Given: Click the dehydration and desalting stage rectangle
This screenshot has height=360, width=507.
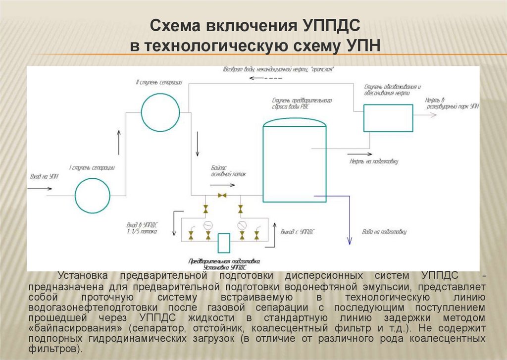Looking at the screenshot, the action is tap(388, 118).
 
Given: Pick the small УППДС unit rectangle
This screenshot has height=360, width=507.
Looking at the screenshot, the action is tap(224, 242).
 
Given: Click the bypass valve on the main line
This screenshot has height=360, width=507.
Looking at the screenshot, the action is tap(223, 195).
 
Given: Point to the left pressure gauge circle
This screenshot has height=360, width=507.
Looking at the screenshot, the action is tap(208, 224).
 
